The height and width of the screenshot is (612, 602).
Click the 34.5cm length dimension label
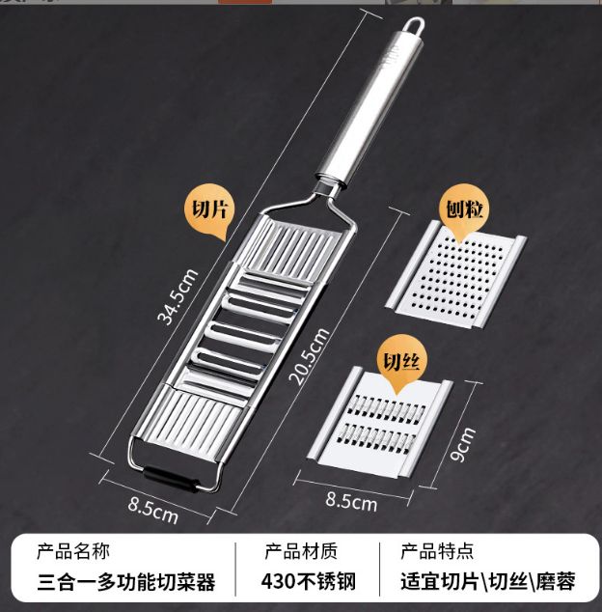coord(178,297)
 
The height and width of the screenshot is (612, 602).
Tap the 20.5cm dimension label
coord(309,356)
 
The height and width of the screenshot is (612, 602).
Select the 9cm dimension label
coord(463,445)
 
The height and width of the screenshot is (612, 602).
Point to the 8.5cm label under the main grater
coord(153,510)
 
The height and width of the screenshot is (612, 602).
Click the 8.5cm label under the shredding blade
coord(351,501)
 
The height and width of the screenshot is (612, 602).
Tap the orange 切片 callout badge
coord(209,211)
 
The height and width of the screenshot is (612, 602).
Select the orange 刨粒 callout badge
coord(464,211)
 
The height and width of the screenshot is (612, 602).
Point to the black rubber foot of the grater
coord(170,479)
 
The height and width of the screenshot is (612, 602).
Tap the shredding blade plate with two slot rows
coord(380,423)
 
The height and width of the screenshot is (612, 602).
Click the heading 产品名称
coord(73,552)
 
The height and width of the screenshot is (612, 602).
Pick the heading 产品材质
coord(301,552)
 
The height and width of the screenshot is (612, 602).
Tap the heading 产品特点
coord(437,552)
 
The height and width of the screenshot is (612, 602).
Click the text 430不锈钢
coord(309,582)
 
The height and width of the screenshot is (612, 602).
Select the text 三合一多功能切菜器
coord(126,582)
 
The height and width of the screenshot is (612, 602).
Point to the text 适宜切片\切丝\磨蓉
coord(488,582)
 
